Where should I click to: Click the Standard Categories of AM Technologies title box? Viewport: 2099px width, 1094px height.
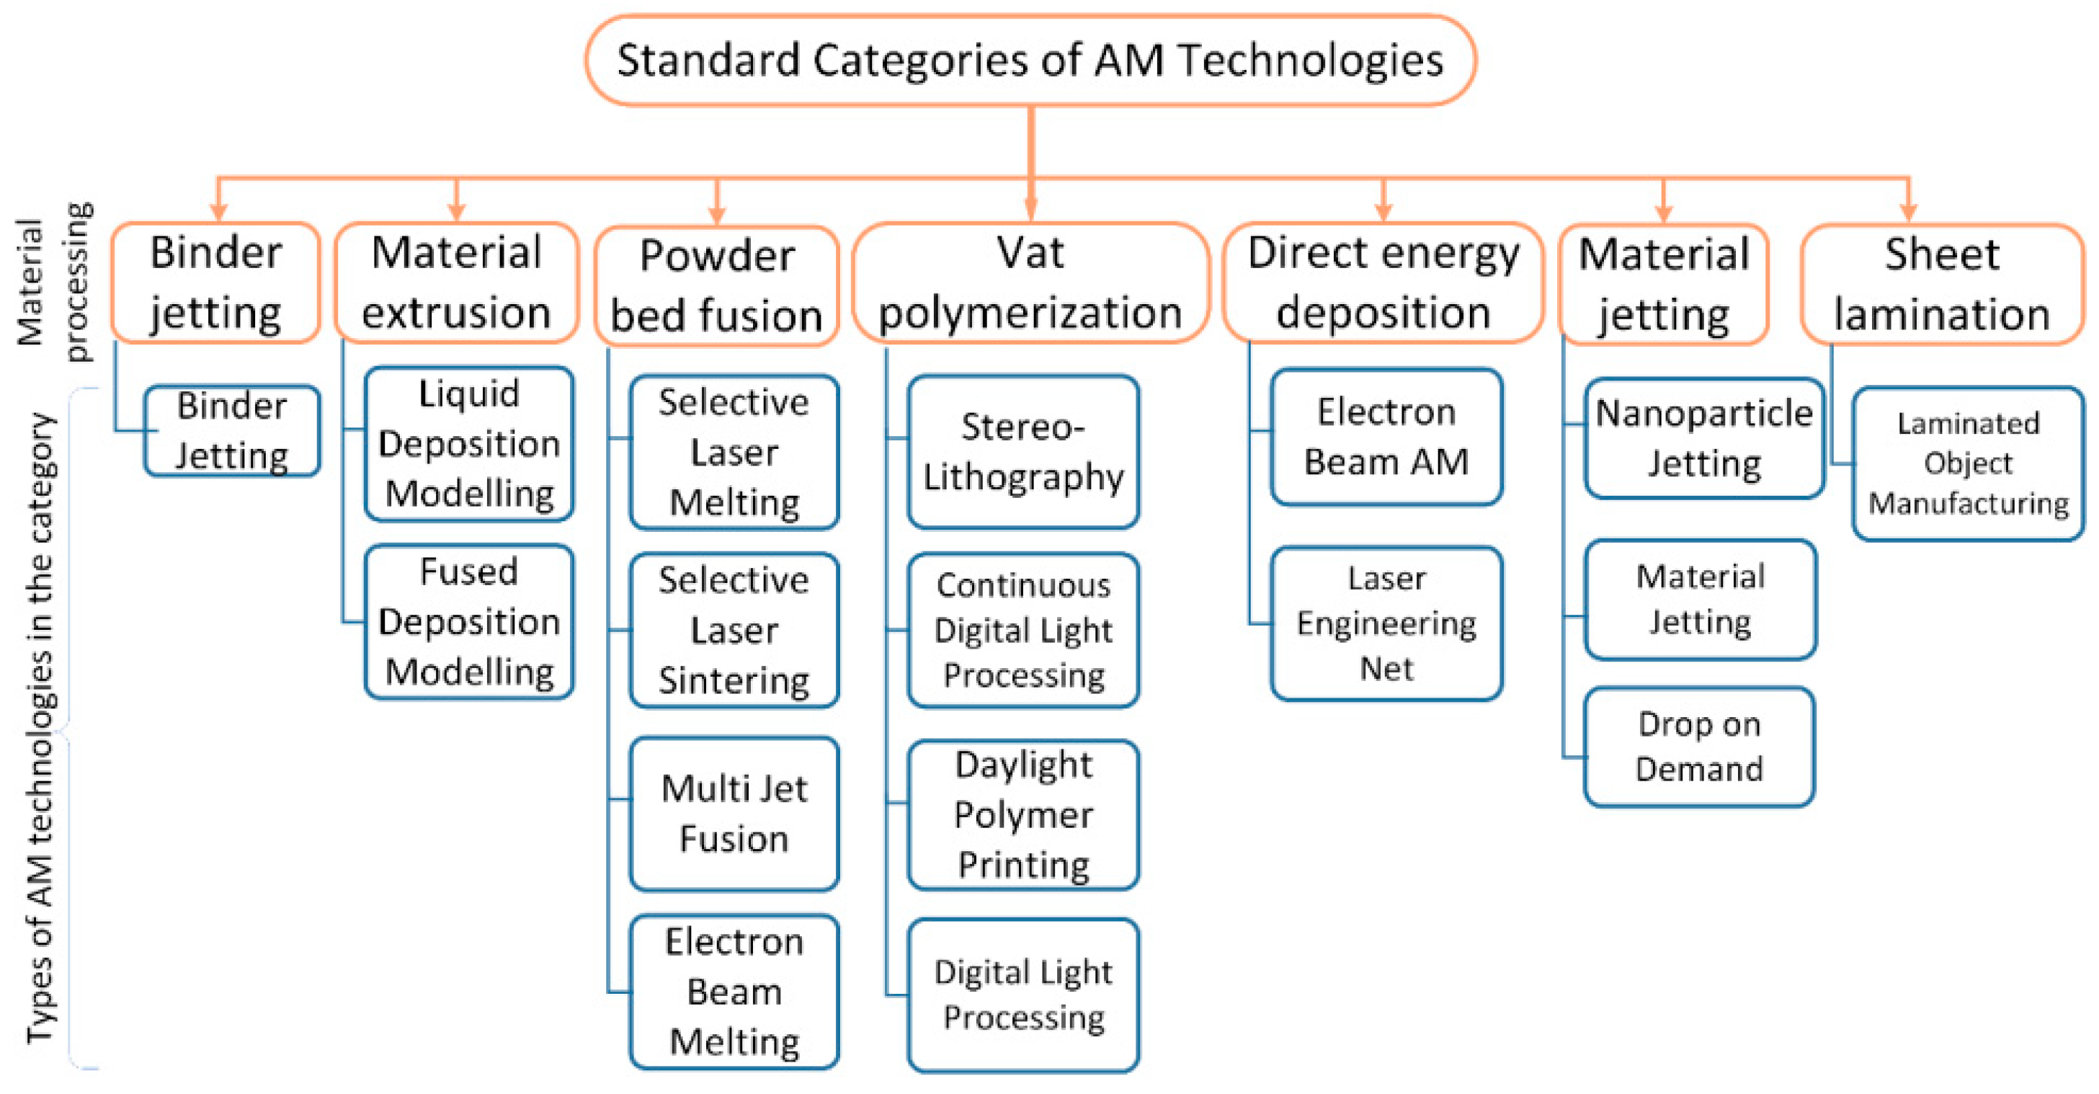pyautogui.click(x=1030, y=61)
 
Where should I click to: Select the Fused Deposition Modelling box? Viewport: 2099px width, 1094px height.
pyautogui.click(x=468, y=622)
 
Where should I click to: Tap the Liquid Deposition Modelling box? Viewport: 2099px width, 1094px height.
pyautogui.click(x=468, y=444)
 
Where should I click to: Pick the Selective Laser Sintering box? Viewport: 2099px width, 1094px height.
pyautogui.click(x=734, y=630)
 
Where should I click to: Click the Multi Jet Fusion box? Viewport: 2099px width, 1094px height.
pyautogui.click(x=734, y=814)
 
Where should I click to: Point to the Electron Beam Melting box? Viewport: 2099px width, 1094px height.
pyautogui.click(x=734, y=991)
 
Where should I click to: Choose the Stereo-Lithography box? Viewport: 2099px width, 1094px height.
pyautogui.click(x=1022, y=452)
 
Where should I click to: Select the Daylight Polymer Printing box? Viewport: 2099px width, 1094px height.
pyautogui.click(x=1022, y=814)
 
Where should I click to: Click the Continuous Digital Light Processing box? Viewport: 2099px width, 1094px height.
pyautogui.click(x=1022, y=630)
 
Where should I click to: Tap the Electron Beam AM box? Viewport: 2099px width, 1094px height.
pyautogui.click(x=1386, y=437)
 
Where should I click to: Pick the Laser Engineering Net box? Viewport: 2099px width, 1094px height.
pyautogui.click(x=1386, y=623)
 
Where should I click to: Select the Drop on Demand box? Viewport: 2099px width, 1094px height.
pyautogui.click(x=1699, y=747)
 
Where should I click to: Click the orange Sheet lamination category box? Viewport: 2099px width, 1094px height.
pyautogui.click(x=1941, y=285)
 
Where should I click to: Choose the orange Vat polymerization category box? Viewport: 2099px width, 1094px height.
pyautogui.click(x=1030, y=283)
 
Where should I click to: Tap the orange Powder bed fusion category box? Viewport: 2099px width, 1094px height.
pyautogui.click(x=716, y=286)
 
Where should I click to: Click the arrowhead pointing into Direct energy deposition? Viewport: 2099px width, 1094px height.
pyautogui.click(x=1383, y=210)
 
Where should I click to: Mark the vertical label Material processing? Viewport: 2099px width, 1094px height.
pyautogui.click(x=54, y=282)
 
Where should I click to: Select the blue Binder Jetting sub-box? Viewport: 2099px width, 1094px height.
pyautogui.click(x=231, y=431)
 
